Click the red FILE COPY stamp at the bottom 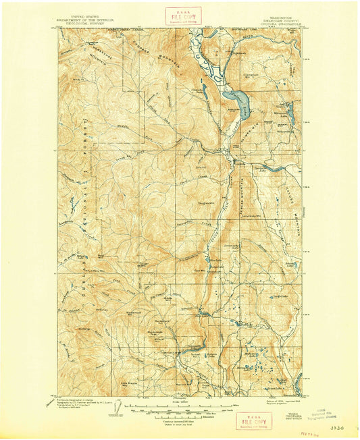coord(249,422)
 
